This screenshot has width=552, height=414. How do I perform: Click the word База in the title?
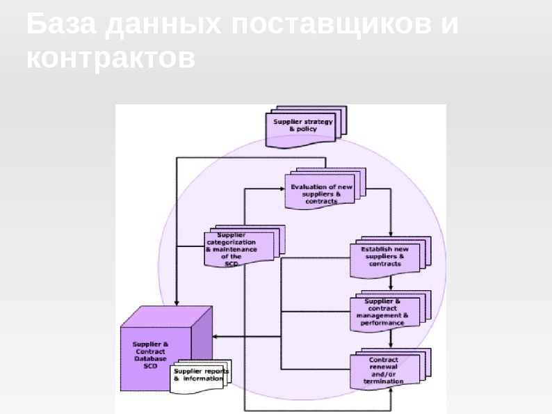(60, 25)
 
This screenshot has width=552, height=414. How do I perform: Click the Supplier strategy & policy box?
(303, 126)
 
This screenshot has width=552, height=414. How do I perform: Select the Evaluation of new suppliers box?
(322, 192)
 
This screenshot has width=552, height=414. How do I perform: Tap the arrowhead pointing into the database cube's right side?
(215, 337)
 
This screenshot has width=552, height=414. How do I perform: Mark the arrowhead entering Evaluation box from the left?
(282, 188)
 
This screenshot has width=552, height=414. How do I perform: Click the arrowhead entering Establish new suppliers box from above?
(391, 234)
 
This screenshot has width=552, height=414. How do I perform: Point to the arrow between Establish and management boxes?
(391, 283)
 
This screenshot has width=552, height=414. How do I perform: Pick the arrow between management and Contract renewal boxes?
(391, 339)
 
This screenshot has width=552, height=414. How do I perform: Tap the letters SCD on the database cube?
(150, 365)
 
